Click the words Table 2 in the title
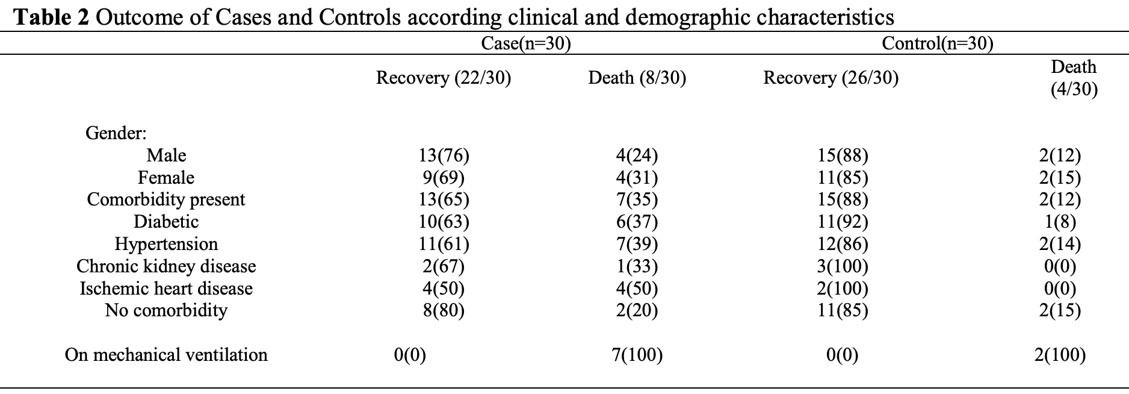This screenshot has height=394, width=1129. click(x=51, y=17)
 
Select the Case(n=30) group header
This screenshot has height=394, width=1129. click(x=525, y=43)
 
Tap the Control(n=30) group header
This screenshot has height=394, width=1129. click(x=938, y=43)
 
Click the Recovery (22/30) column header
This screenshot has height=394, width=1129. click(x=444, y=78)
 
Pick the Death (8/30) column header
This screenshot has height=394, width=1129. click(x=637, y=78)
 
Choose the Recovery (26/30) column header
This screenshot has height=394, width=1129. click(x=831, y=78)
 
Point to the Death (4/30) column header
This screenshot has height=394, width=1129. click(x=1074, y=78)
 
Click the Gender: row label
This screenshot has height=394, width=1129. click(x=116, y=133)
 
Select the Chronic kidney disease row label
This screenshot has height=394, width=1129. click(x=166, y=266)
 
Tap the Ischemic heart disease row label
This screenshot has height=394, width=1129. click(x=166, y=288)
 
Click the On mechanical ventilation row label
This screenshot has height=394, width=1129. click(x=166, y=354)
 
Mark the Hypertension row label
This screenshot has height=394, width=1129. click(x=166, y=243)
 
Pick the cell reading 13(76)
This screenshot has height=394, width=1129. click(x=444, y=155)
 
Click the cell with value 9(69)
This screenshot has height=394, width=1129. click(x=444, y=178)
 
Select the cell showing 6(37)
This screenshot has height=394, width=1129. click(x=637, y=222)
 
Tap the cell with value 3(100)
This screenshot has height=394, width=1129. click(x=843, y=266)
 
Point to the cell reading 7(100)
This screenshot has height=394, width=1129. click(x=637, y=354)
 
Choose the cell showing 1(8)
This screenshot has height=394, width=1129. click(x=1060, y=222)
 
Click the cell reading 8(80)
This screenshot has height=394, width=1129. click(x=444, y=310)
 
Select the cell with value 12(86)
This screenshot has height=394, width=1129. click(x=843, y=244)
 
